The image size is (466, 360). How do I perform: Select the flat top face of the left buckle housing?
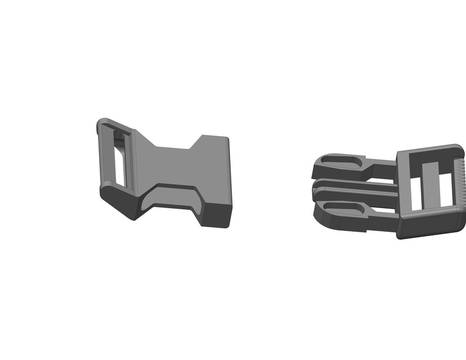tap(174, 163)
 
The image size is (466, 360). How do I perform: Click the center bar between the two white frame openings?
tap(431, 186)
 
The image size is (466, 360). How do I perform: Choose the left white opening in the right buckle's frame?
tap(416, 192)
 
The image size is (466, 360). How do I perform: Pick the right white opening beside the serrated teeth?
tap(445, 189)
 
